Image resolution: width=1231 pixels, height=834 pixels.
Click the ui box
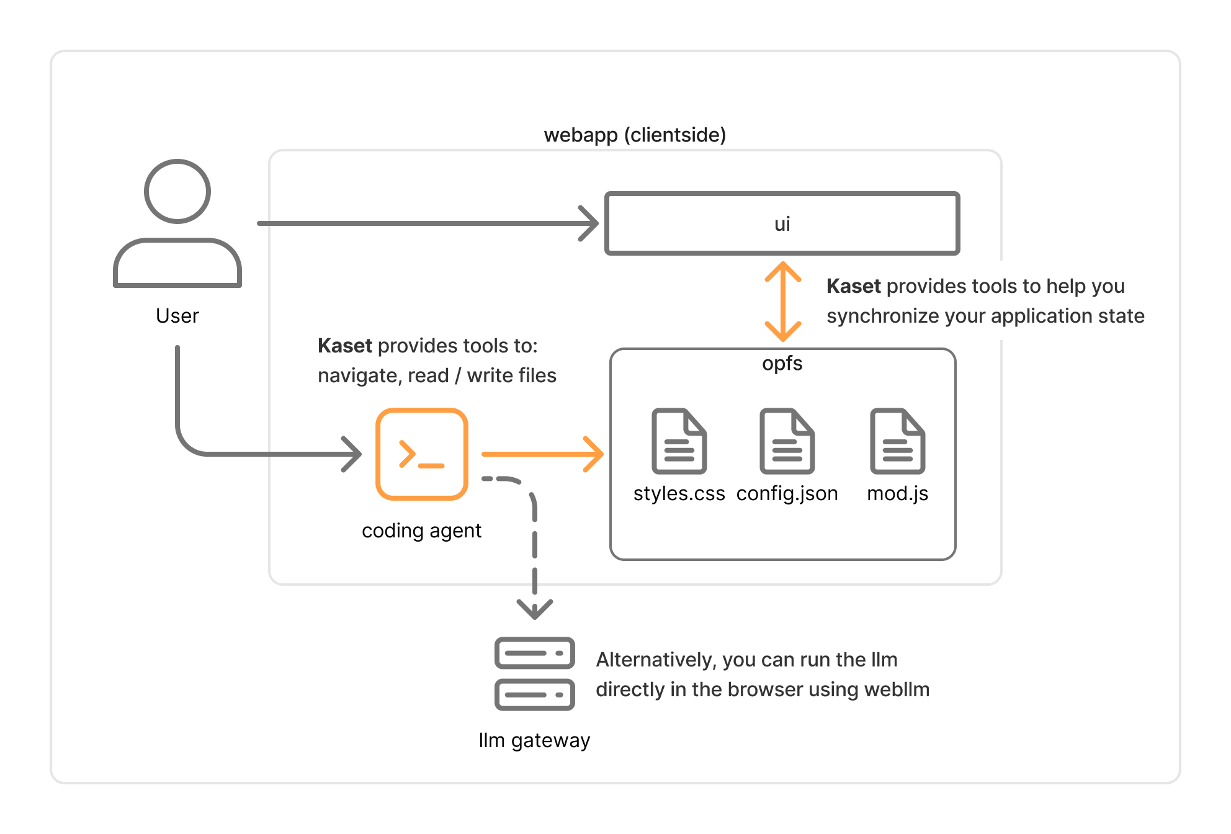(x=782, y=223)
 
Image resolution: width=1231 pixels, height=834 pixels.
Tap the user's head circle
(x=177, y=191)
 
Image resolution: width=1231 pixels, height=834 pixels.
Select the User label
(x=177, y=316)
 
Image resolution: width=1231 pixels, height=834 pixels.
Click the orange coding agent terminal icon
(x=422, y=454)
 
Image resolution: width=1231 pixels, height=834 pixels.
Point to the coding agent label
(x=421, y=531)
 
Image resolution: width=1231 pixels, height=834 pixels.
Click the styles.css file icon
(x=679, y=441)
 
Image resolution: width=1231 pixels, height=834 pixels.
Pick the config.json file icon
(x=787, y=441)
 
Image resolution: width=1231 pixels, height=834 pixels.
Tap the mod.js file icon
(x=897, y=441)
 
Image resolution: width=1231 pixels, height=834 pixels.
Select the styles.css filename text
(x=679, y=493)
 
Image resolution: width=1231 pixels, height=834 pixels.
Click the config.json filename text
(x=787, y=493)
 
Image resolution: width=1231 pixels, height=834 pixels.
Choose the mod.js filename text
(x=897, y=493)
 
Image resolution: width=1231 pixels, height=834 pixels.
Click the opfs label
(x=782, y=363)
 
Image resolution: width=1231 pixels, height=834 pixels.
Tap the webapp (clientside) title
(x=635, y=135)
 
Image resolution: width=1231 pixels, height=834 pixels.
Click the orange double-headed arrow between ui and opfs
(x=782, y=302)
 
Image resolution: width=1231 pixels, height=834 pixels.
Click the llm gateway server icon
(x=534, y=674)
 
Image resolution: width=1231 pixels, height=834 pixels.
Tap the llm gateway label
(x=534, y=740)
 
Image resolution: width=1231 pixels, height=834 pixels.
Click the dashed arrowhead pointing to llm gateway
(x=534, y=609)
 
